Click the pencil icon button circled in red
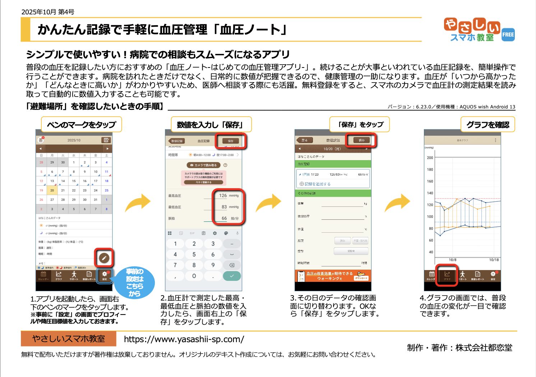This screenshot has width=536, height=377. [x=104, y=257]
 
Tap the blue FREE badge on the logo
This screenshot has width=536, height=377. [x=508, y=34]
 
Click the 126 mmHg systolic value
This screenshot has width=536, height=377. [x=223, y=196]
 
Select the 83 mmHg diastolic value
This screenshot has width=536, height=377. [x=224, y=207]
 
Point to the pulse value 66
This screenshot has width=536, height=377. [x=224, y=218]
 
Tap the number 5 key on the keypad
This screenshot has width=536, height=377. [x=194, y=254]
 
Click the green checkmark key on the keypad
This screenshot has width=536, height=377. [x=232, y=276]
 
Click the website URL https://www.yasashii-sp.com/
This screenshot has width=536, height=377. [x=184, y=339]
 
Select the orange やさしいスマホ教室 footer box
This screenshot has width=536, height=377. [x=69, y=339]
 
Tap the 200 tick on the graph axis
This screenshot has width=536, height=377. [x=430, y=158]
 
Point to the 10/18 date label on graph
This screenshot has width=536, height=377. [x=494, y=260]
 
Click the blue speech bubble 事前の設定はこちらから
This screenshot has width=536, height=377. [x=135, y=283]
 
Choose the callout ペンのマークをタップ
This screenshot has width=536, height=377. [x=82, y=125]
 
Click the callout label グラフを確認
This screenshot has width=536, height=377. [x=488, y=125]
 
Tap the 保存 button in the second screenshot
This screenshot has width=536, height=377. [x=231, y=141]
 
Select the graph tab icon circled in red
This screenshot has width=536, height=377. [x=447, y=275]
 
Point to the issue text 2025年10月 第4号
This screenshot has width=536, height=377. [x=48, y=12]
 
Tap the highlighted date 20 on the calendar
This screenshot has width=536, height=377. [x=52, y=190]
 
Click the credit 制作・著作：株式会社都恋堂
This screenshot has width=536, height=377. [x=459, y=348]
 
